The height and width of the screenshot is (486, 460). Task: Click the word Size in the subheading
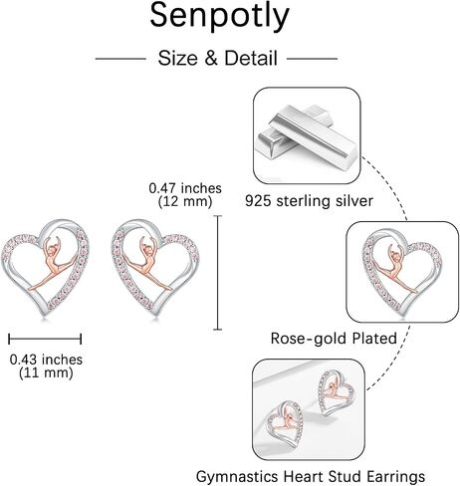[x=177, y=58]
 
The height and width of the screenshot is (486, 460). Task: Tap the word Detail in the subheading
[x=251, y=58]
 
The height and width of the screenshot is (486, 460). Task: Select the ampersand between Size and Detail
[x=211, y=58]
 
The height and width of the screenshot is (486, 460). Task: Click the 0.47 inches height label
[x=185, y=188]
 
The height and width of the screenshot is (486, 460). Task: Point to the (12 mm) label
[x=185, y=201]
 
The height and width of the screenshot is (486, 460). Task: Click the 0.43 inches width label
[x=46, y=360]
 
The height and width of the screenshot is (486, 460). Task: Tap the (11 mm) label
[x=46, y=372]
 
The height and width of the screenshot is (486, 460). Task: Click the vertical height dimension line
[x=217, y=272]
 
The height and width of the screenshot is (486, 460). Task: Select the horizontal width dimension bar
[x=45, y=339]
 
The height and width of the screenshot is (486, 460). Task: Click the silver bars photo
[x=307, y=135]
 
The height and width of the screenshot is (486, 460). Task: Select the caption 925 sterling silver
[x=309, y=201]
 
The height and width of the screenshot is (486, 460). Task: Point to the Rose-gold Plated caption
[x=334, y=339]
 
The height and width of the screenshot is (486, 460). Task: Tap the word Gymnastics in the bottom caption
[x=237, y=477]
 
